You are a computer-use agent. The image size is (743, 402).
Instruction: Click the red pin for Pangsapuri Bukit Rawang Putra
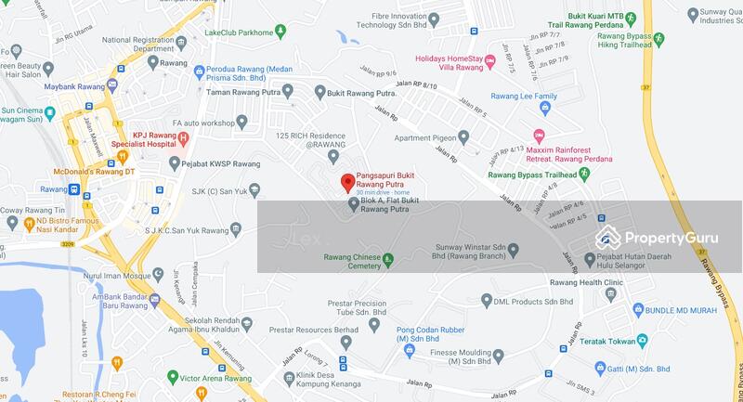pos(347,182)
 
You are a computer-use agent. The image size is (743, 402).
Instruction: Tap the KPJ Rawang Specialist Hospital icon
pos(183,139)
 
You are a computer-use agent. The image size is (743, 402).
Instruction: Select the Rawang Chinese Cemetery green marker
pos(388,259)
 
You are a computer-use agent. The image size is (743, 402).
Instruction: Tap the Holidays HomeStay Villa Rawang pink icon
pos(489,62)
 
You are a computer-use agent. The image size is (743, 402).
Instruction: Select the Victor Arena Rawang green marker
pos(172,377)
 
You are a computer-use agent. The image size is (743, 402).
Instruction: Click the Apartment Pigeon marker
pos(463,137)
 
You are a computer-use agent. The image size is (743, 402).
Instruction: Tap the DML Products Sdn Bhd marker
pos(486,300)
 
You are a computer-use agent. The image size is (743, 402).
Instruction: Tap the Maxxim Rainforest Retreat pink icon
pos(538,136)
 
